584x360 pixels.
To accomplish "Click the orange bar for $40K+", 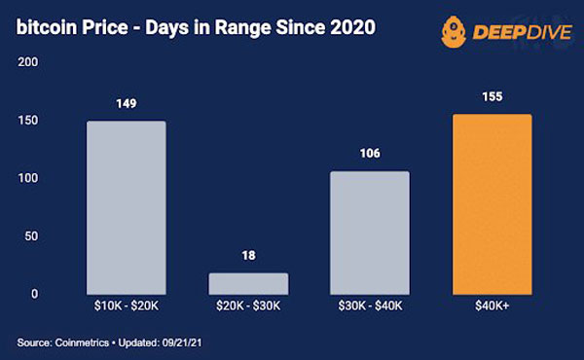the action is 492,204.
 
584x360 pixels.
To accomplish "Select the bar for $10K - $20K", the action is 127,208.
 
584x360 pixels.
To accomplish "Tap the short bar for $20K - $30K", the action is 248,284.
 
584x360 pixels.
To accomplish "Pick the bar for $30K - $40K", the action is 370,234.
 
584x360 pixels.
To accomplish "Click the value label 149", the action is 127,103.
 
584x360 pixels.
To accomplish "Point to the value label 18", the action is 248,255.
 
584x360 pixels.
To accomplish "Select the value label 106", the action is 370,153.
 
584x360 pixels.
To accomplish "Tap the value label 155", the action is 493,96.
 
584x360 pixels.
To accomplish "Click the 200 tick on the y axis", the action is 28,62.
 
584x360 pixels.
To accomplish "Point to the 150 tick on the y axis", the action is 28,121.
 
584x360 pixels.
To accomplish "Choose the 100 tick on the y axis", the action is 28,178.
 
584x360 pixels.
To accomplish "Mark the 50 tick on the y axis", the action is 31,236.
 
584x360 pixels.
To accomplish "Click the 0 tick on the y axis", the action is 35,294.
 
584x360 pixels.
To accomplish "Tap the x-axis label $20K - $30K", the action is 248,306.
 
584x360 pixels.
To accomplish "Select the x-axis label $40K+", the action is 492,306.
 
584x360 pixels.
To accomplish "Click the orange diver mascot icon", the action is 454,32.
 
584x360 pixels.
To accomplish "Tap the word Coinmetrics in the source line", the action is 82,342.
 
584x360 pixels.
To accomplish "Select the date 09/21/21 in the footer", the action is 182,342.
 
